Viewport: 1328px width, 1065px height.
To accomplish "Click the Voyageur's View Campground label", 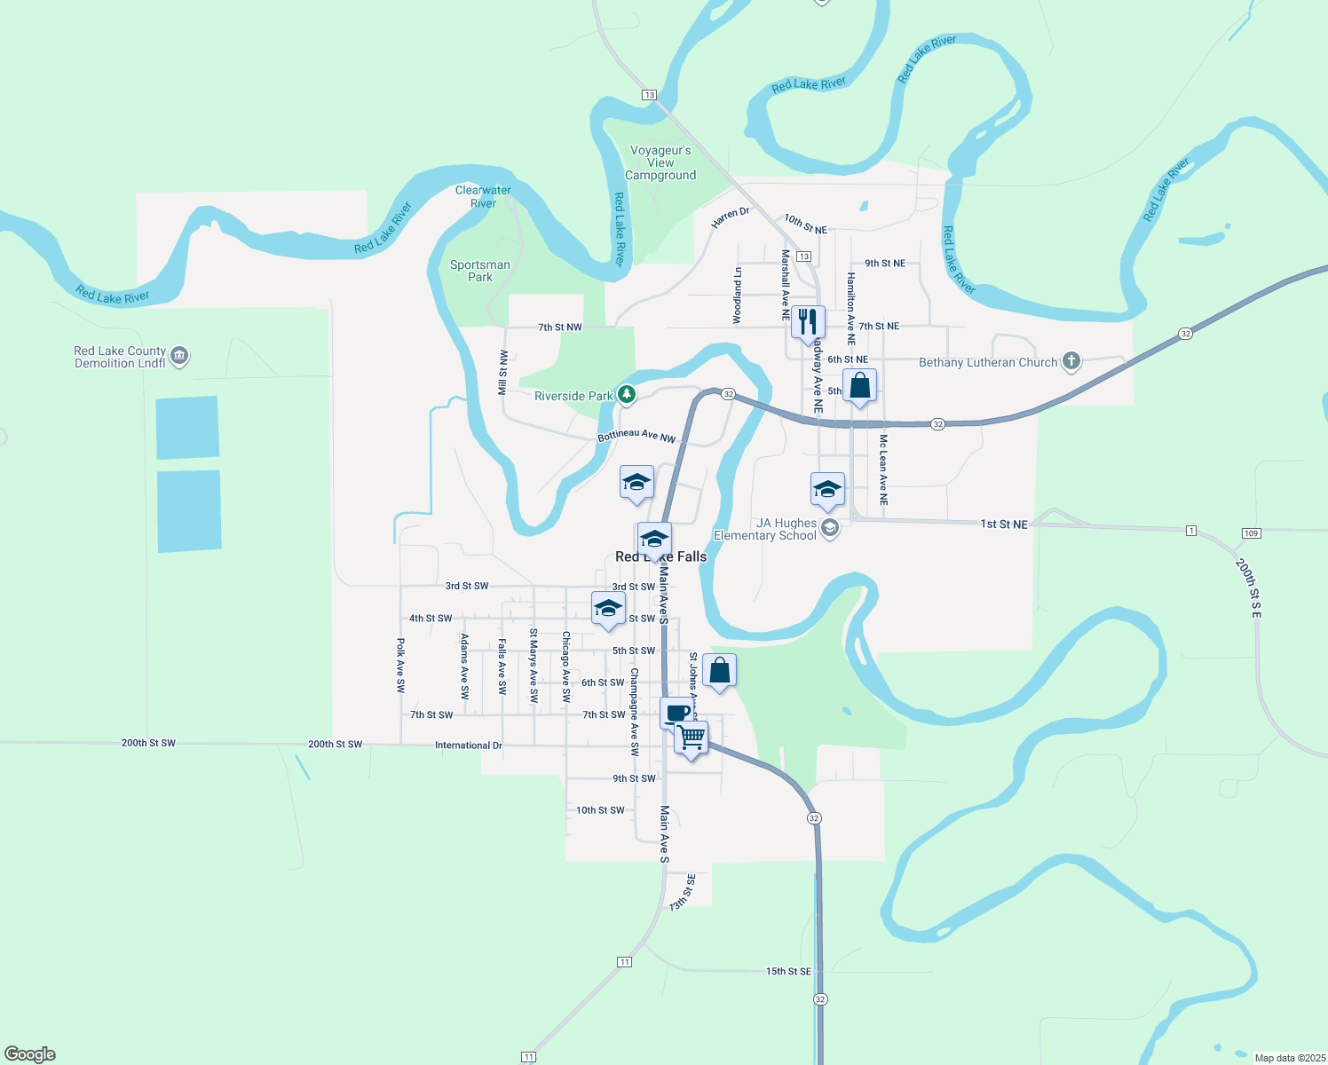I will [x=660, y=163].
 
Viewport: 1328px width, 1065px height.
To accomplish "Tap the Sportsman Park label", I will [x=480, y=271].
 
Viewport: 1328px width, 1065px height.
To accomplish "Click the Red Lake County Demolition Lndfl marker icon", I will [x=179, y=356].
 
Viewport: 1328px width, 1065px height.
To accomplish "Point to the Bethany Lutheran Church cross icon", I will [x=1072, y=360].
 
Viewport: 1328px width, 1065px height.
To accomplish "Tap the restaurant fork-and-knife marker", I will [x=808, y=320].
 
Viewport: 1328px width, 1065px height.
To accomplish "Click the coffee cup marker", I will [x=676, y=712].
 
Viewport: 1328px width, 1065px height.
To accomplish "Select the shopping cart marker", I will [x=692, y=736].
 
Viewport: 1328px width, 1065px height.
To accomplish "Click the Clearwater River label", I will [x=483, y=196].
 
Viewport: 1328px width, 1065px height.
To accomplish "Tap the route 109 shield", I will [x=1251, y=532].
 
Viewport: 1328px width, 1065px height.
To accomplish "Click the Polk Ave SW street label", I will [x=400, y=665].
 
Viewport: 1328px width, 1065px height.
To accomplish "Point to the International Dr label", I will [x=469, y=745].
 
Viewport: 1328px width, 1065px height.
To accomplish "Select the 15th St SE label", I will [x=788, y=971].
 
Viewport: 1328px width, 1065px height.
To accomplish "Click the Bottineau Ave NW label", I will [x=636, y=436].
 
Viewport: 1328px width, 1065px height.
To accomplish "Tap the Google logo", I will [x=30, y=1054].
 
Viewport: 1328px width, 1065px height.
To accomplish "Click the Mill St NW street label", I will [x=503, y=372].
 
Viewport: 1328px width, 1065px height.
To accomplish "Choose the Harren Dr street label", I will [x=731, y=217].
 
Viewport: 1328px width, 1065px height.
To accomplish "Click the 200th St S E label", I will [x=1248, y=588].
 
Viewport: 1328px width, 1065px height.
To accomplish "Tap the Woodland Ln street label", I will [x=738, y=296].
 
